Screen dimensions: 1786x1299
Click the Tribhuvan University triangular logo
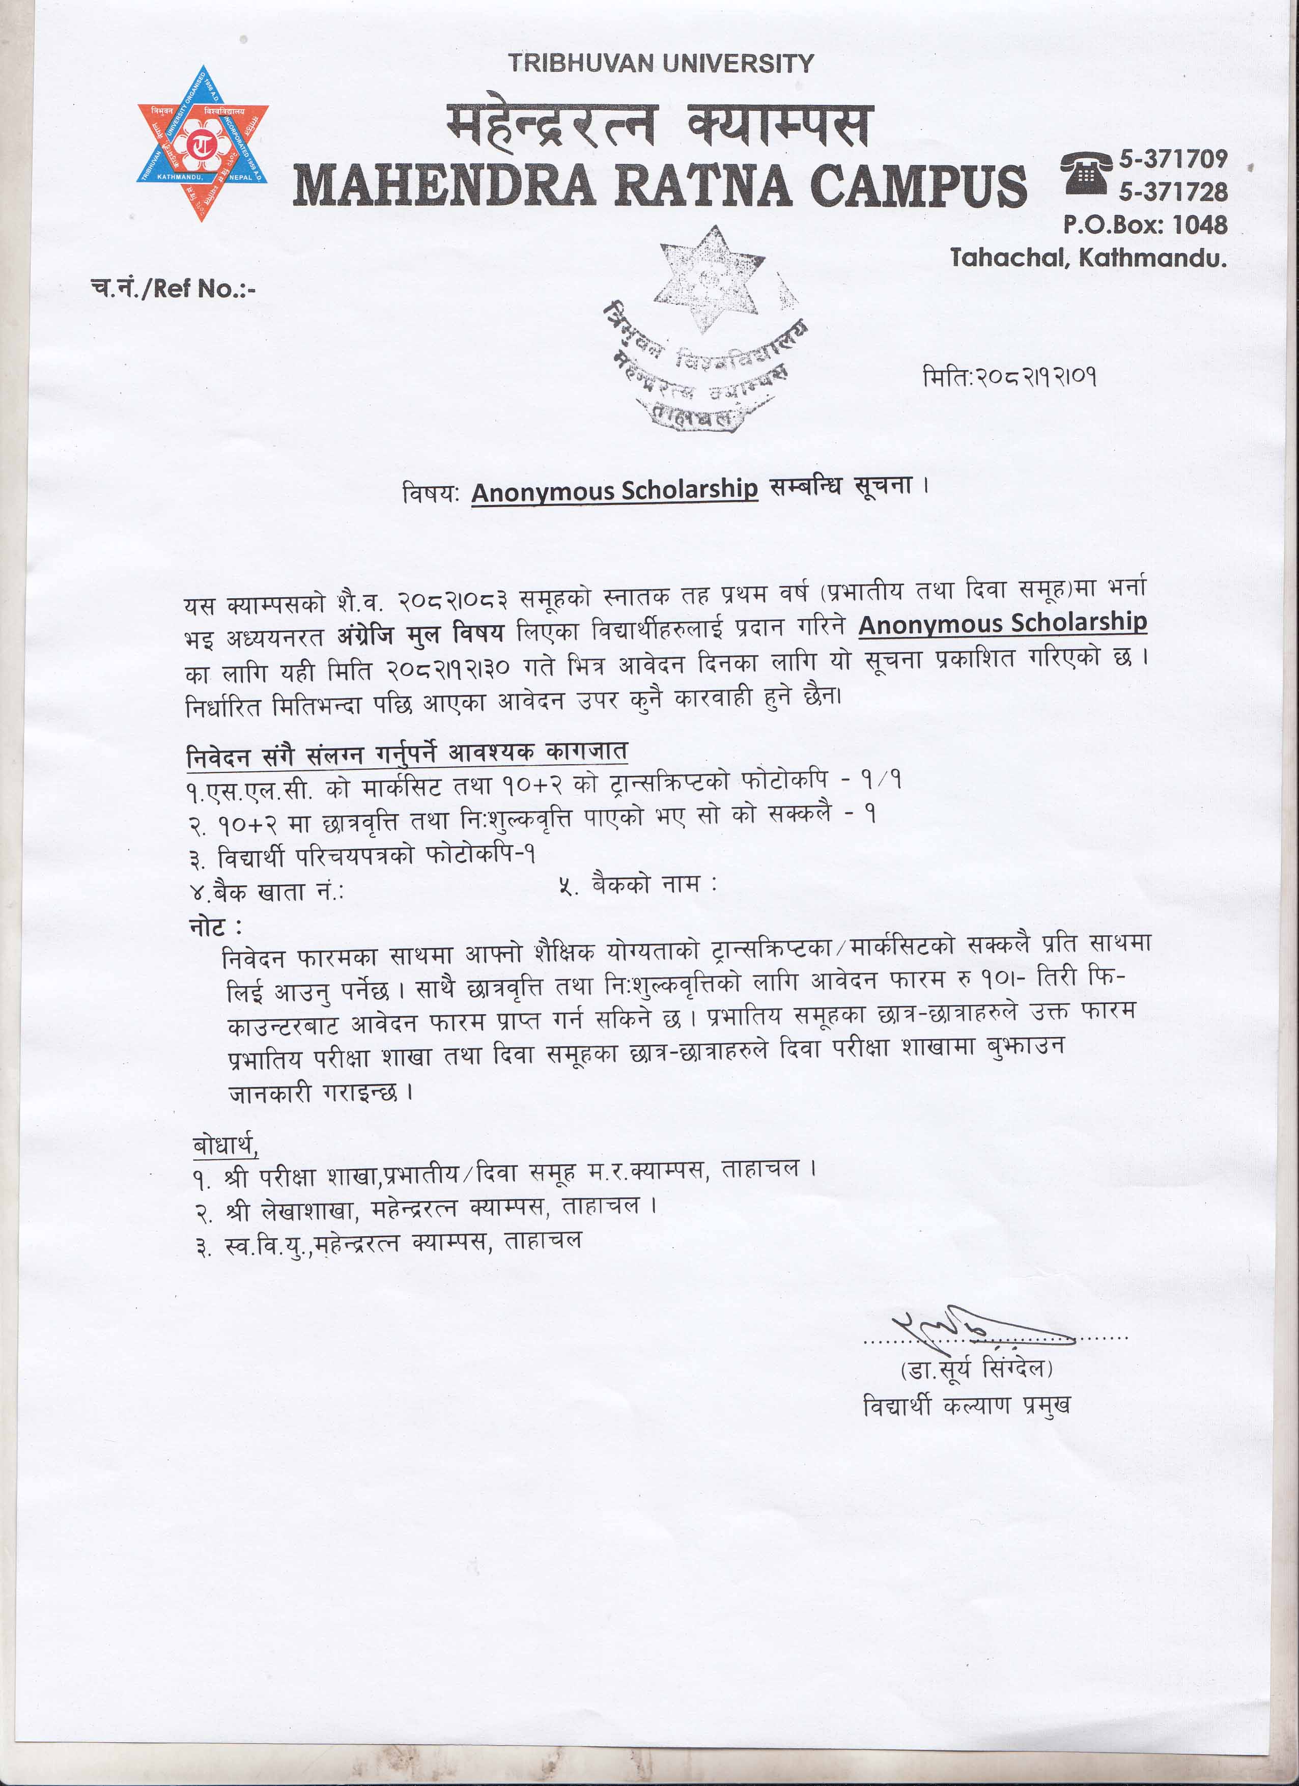202,144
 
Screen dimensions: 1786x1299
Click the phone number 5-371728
1173,192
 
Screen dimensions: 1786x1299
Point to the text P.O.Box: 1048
1145,225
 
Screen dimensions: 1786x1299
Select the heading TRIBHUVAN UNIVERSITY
661,64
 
